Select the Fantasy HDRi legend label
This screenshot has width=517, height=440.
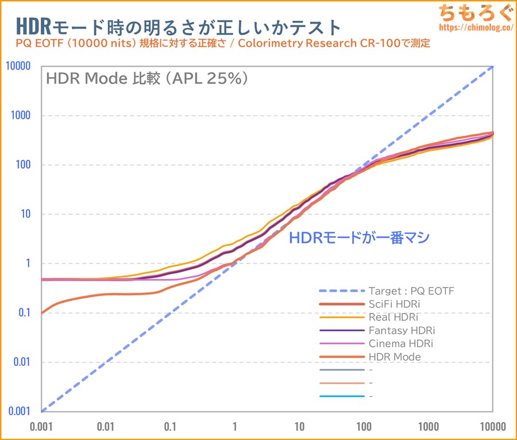click(401, 330)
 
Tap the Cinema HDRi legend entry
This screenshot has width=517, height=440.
click(400, 343)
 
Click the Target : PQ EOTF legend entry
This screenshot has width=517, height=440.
click(411, 290)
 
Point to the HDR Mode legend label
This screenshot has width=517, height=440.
click(395, 357)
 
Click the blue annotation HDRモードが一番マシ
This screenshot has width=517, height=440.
click(358, 238)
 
